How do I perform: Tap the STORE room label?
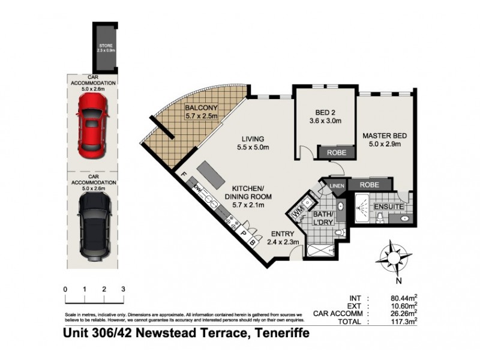(106, 48)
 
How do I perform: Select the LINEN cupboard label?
(337, 187)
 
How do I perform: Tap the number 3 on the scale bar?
(123, 289)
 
